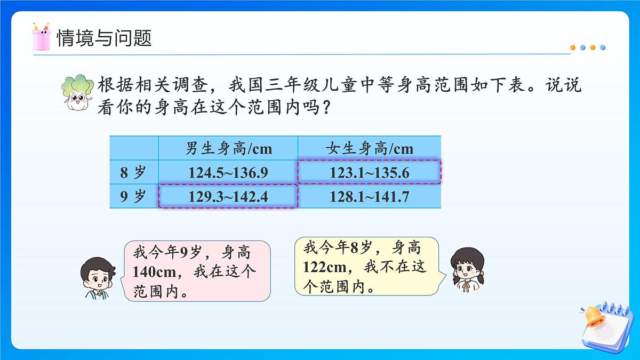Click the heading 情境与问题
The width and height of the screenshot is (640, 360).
(105, 38)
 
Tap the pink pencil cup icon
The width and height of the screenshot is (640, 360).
(41, 37)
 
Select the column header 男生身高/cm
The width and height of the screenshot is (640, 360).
(228, 148)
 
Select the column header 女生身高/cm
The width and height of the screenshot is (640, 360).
(369, 148)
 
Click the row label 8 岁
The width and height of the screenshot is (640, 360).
(133, 172)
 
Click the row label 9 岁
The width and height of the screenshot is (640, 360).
(133, 197)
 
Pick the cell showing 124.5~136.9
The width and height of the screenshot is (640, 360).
(228, 172)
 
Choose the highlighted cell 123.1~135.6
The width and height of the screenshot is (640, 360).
(369, 172)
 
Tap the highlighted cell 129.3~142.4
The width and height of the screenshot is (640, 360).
(228, 197)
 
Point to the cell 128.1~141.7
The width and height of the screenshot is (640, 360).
(369, 197)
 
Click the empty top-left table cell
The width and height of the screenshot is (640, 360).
(133, 148)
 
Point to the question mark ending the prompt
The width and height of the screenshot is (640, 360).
(329, 108)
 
